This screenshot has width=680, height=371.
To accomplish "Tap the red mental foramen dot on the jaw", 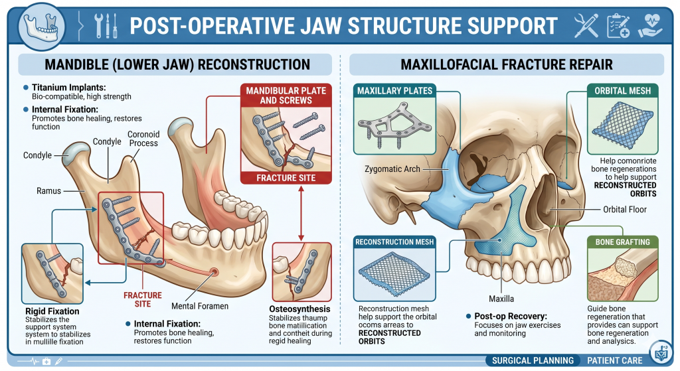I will point(214,272).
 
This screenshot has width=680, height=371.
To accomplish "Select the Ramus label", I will point(48,191).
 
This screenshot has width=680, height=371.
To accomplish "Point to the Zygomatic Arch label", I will point(392,169).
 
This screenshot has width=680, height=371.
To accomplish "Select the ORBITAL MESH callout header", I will point(622,90).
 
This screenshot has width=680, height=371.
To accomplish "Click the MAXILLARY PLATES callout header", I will point(394,90).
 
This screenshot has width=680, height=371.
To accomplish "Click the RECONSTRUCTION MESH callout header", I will point(394,242).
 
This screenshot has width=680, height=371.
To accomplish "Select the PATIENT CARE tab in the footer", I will point(614,361).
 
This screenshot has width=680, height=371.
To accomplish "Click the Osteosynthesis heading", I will point(299,309).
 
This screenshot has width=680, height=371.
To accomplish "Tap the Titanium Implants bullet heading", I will point(68,87).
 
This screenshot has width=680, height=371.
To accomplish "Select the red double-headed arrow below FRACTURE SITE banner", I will point(302,213).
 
